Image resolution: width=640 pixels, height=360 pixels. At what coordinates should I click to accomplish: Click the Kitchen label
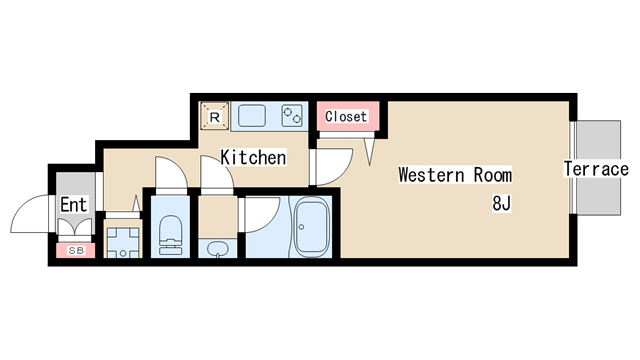253,158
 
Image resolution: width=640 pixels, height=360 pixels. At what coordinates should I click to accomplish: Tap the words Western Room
455,175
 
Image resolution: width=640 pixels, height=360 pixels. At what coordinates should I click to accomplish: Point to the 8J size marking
502,203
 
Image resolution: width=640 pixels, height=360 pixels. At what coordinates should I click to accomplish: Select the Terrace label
596,169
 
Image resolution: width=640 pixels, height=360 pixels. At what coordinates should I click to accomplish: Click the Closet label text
346,117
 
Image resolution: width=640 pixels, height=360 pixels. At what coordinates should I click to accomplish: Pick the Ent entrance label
74,205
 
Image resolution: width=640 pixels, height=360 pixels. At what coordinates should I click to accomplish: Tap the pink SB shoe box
76,251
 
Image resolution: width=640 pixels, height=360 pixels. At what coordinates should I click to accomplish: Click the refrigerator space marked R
214,117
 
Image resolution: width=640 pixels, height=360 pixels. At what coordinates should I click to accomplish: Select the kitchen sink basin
252,116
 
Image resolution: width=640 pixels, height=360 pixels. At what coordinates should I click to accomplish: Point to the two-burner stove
292,116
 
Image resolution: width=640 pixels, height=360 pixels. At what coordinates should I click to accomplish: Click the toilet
170,236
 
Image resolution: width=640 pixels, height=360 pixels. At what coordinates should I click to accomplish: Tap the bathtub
311,227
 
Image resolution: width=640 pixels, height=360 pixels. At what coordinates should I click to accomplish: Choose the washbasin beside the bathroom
217,249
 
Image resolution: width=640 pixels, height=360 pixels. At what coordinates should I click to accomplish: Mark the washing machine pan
123,243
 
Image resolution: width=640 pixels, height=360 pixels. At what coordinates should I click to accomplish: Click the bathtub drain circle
302,227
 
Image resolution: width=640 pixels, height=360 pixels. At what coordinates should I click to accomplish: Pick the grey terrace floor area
598,167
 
